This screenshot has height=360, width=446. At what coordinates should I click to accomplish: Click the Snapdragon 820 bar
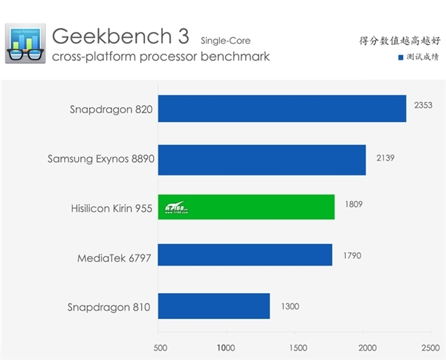(x=282, y=109)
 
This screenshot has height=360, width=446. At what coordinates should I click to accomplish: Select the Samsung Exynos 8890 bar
(x=262, y=158)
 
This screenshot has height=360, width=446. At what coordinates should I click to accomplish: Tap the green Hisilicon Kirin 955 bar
(x=246, y=208)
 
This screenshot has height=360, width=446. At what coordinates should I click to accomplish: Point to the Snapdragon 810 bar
(x=214, y=306)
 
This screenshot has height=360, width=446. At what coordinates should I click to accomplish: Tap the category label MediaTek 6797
(x=115, y=258)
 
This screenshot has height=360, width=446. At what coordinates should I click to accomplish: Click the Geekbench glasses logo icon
(x=24, y=42)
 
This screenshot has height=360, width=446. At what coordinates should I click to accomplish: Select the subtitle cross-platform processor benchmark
(x=161, y=56)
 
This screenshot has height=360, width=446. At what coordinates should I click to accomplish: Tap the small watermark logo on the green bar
(x=175, y=208)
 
